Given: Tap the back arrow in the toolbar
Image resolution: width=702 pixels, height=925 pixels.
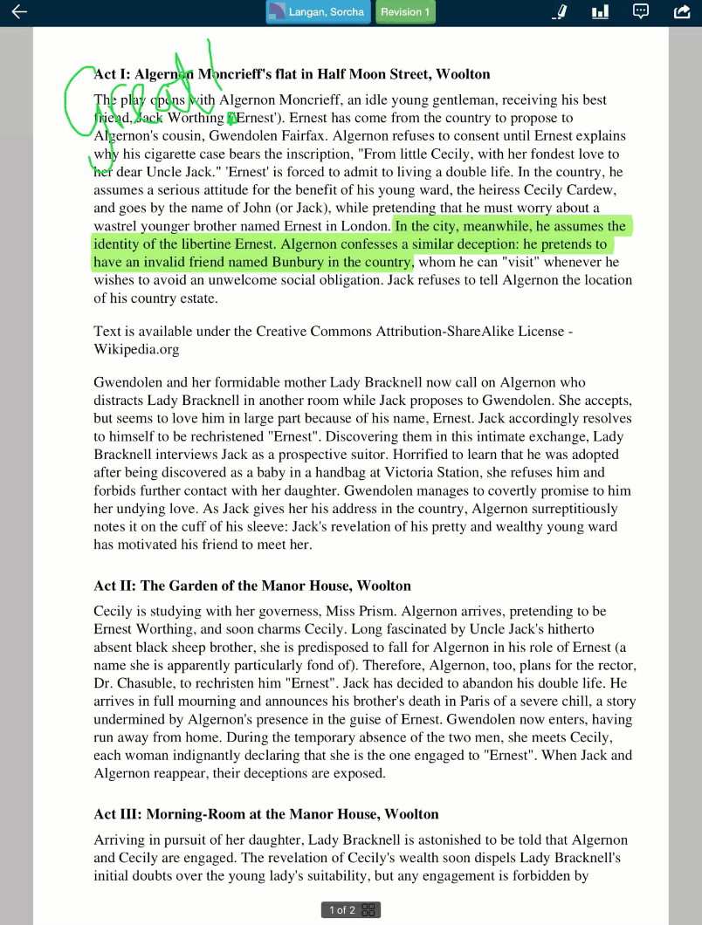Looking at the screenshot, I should (18, 12).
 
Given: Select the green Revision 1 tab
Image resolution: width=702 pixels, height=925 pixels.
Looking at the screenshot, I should (405, 12).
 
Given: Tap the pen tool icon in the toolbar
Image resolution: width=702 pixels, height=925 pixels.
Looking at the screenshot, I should (560, 12).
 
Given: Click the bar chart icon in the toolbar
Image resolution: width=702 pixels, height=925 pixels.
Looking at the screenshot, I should (600, 12).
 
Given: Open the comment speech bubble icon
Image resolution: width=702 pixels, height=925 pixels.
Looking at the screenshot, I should (641, 12).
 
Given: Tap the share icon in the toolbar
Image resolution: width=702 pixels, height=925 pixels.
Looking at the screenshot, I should (682, 12).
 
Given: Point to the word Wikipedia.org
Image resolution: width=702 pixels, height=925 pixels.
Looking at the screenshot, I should (136, 349).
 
